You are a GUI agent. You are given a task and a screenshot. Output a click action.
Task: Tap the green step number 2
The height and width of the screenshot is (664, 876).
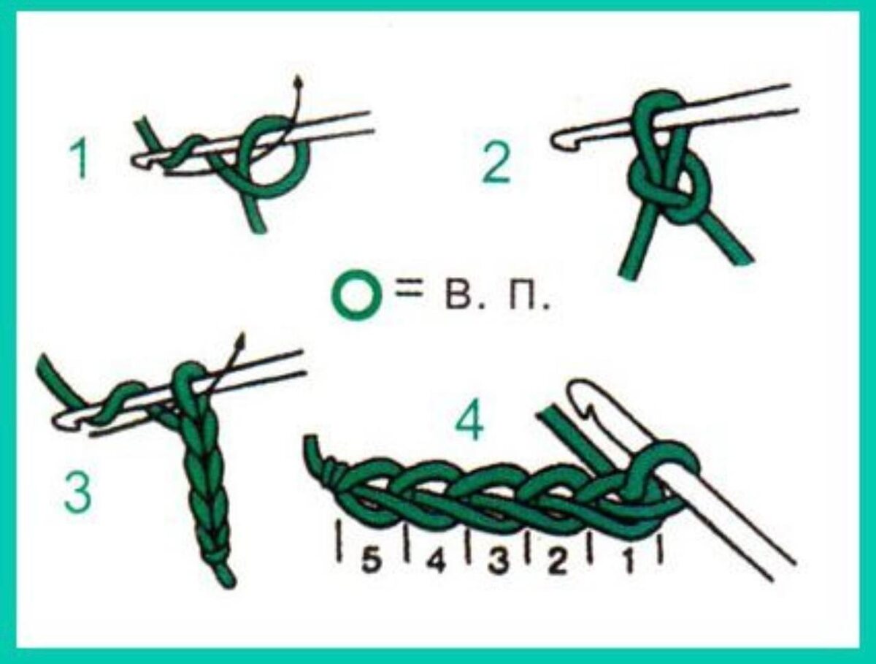coord(496,163)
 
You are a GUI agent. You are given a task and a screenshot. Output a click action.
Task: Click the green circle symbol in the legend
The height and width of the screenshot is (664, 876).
coord(356,295)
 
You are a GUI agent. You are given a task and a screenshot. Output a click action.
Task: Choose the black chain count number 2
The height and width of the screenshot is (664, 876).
coord(556,562)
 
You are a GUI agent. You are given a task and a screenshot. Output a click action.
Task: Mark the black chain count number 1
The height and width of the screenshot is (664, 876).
coord(629,562)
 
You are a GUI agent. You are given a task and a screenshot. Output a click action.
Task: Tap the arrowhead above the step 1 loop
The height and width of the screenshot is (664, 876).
coord(297,83)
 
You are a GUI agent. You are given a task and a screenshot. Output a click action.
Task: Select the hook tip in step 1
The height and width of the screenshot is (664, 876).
coord(136,161)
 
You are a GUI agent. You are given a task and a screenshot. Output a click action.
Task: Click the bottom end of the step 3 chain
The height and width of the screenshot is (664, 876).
coord(228,584)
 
